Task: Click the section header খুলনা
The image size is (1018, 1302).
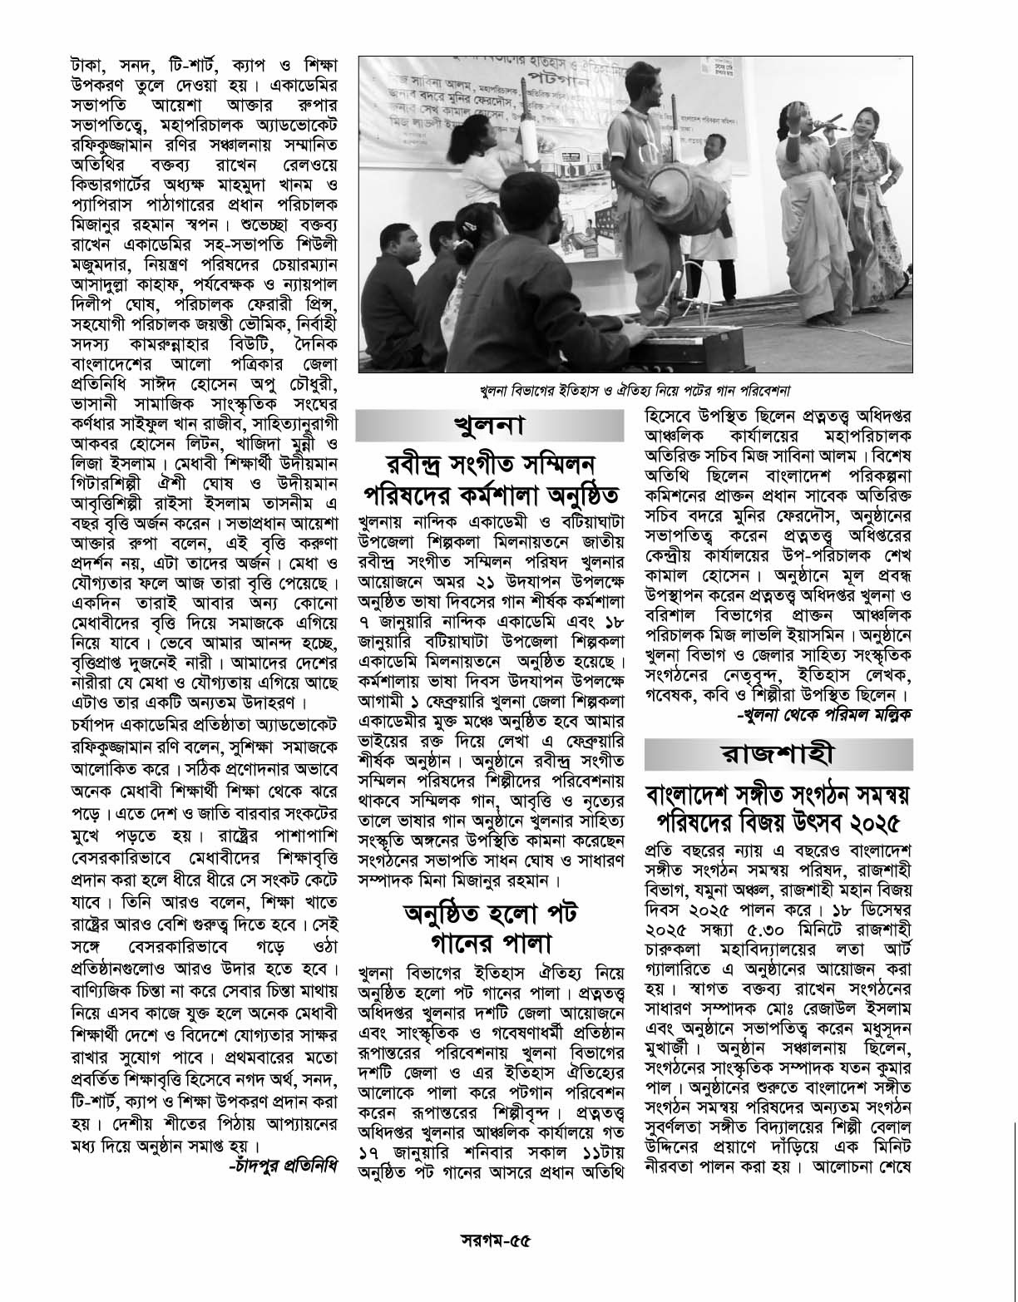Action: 488,427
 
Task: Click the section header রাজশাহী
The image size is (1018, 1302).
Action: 778,755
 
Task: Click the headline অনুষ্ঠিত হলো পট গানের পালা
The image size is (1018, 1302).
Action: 490,928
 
